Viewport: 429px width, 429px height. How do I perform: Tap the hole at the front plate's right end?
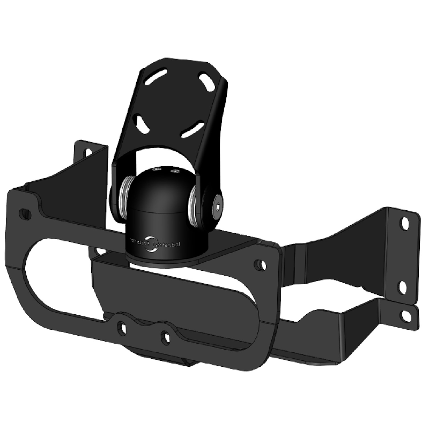[260, 264]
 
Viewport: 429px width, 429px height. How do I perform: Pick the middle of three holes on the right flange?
[402, 287]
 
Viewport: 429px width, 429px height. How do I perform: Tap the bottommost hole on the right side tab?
[406, 316]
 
